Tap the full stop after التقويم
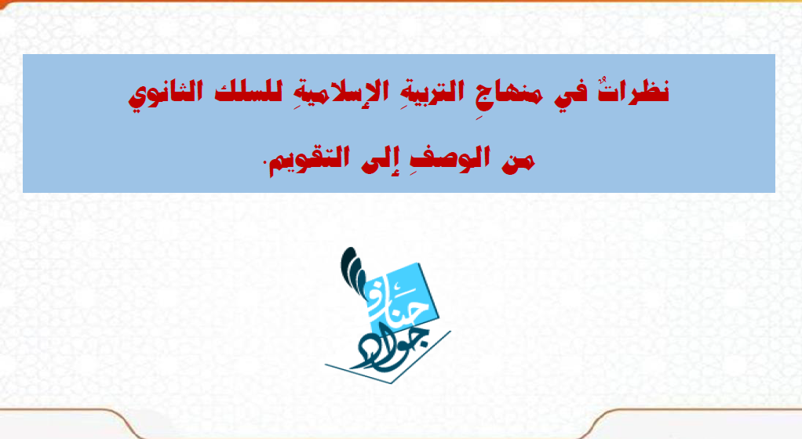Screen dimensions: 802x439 [x=265, y=162]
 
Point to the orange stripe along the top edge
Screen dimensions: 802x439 [x=401, y=1]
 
